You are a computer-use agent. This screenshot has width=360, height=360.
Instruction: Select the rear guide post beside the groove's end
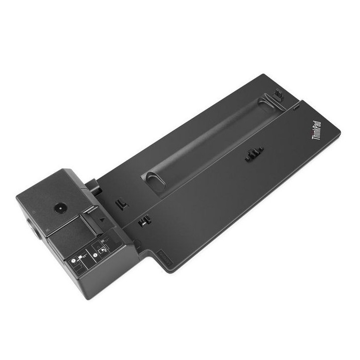coord(278,94)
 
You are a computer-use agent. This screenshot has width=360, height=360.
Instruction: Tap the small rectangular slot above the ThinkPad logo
coord(296,106)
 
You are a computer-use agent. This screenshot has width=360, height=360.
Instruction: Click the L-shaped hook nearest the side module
coord(120,203)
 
